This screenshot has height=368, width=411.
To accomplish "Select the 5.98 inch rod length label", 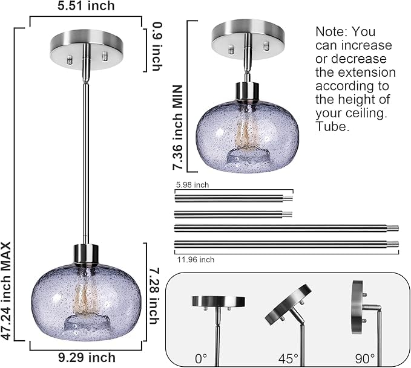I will pos(191,185).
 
